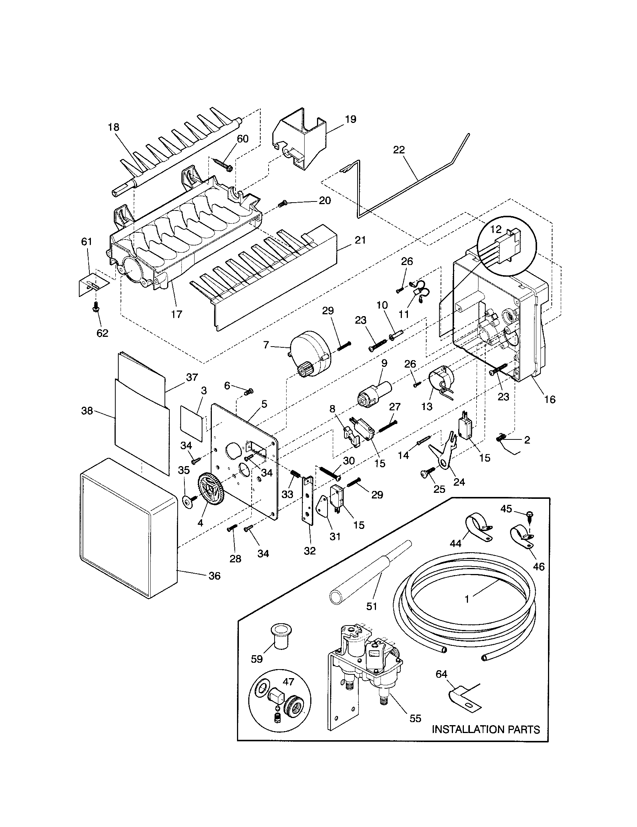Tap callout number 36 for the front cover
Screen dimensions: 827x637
(x=214, y=576)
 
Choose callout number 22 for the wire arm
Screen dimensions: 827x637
(x=399, y=150)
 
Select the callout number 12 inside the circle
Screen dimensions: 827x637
(x=496, y=229)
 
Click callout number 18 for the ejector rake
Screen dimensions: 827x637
(x=113, y=127)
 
